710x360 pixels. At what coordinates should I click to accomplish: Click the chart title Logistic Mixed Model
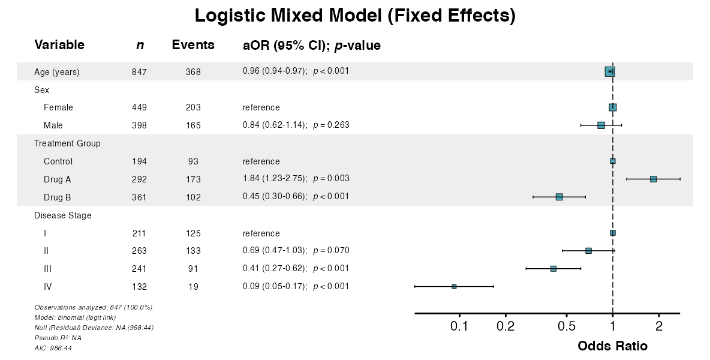355,16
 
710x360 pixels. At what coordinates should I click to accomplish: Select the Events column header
193,45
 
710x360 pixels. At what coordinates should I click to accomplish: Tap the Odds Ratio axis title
612,346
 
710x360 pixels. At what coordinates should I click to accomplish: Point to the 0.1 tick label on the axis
459,326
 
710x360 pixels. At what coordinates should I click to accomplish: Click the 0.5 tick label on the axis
567,326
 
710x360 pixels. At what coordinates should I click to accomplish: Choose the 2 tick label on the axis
658,326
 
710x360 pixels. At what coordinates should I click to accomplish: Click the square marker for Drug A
653,179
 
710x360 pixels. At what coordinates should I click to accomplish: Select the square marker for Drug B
559,197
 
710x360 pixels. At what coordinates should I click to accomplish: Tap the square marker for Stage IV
454,287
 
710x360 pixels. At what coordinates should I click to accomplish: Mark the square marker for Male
601,125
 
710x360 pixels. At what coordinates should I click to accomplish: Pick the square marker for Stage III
553,269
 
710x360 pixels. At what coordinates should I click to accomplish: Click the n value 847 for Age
139,72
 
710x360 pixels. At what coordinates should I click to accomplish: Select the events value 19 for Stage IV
193,287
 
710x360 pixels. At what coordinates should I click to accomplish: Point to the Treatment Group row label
67,143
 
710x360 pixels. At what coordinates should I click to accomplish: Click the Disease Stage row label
63,215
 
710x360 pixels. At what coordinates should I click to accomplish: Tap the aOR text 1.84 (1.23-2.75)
275,179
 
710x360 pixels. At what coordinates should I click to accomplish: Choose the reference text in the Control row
261,161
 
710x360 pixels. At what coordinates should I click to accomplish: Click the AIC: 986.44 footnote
53,348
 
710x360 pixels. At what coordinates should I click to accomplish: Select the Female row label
58,107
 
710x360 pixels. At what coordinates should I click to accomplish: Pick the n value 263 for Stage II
139,251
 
